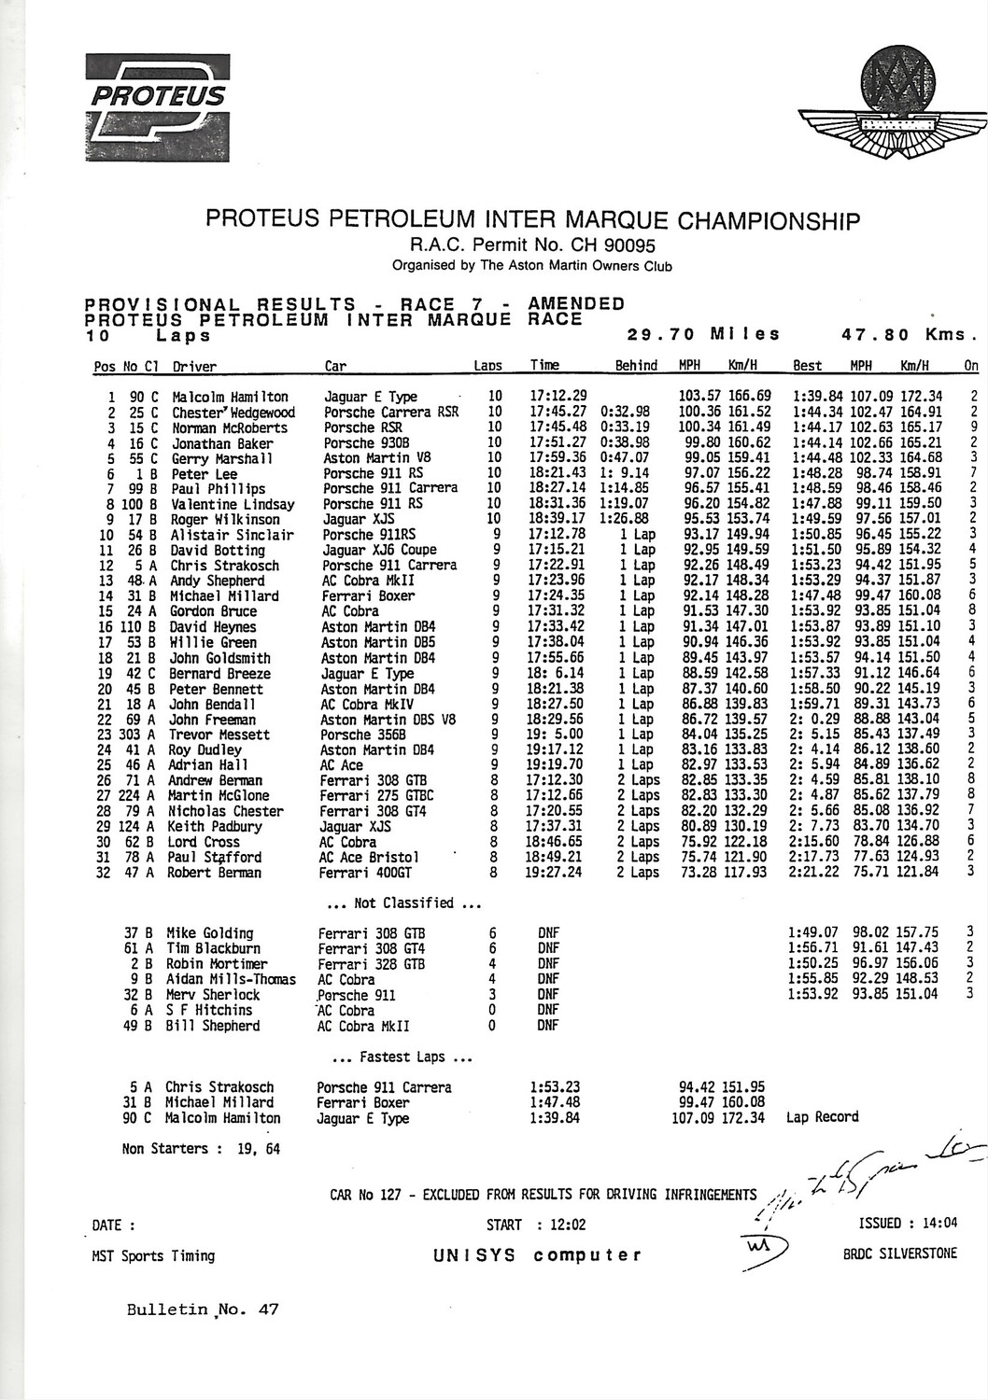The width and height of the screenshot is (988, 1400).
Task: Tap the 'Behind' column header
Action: (636, 366)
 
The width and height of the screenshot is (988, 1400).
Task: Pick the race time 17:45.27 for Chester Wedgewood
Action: (558, 413)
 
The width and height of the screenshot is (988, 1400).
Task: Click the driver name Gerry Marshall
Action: (221, 458)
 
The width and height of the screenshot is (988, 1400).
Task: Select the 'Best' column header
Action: (807, 366)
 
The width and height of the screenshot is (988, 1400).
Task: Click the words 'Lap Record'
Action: (823, 1117)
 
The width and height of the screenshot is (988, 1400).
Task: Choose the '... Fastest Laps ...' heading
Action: (402, 1057)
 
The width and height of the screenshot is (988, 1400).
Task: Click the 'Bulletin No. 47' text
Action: (203, 1309)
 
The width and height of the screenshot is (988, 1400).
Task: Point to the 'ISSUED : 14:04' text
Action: (908, 1224)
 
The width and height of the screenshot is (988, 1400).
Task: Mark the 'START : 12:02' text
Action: (536, 1225)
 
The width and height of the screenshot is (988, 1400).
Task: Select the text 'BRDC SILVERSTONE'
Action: (899, 1253)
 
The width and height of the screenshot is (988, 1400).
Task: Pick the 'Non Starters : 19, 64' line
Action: (202, 1149)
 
